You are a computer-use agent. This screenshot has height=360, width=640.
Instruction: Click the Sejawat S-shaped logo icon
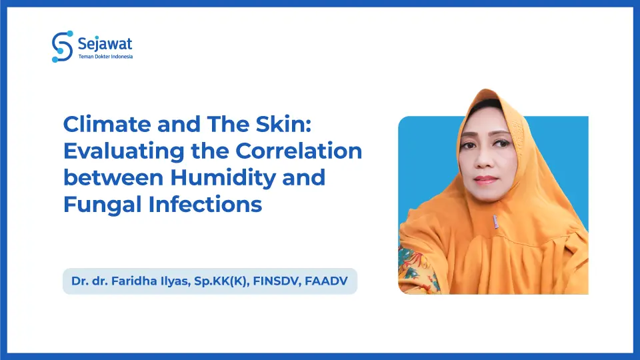point(61,47)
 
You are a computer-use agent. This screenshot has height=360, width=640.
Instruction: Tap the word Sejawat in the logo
point(105,43)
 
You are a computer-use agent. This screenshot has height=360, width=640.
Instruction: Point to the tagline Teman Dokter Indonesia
point(106,57)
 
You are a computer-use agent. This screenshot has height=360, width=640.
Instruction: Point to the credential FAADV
point(327,281)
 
